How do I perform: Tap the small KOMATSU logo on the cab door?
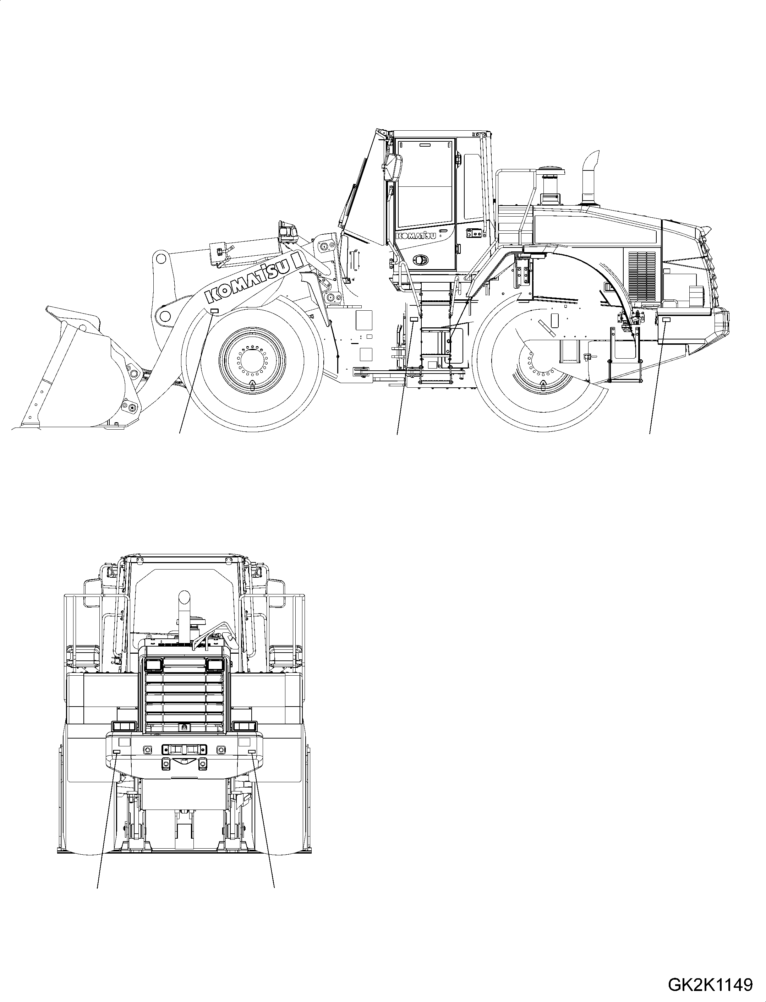coord(415,235)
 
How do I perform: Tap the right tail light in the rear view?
coord(245,726)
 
